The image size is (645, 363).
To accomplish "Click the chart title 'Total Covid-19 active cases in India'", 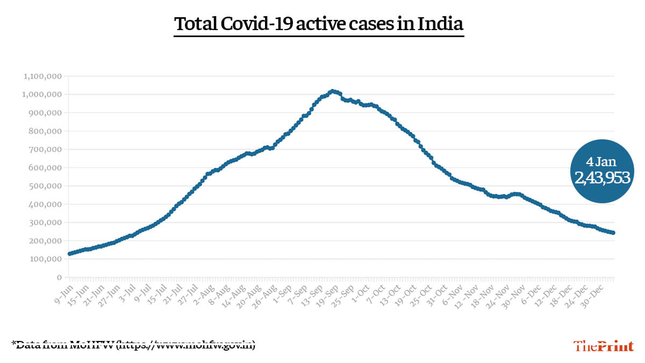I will tap(319, 24).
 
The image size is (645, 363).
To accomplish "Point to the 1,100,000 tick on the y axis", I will tap(43, 76).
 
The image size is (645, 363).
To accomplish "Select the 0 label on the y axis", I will tap(59, 277).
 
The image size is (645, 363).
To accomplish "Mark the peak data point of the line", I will tap(332, 91).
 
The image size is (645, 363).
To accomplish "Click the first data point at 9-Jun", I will tap(69, 253).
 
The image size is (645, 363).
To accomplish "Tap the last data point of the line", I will tap(613, 233).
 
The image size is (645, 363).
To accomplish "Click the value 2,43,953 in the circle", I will tap(602, 178).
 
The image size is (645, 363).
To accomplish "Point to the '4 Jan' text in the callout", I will tap(602, 161).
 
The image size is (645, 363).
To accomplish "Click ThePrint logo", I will tap(603, 346).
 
